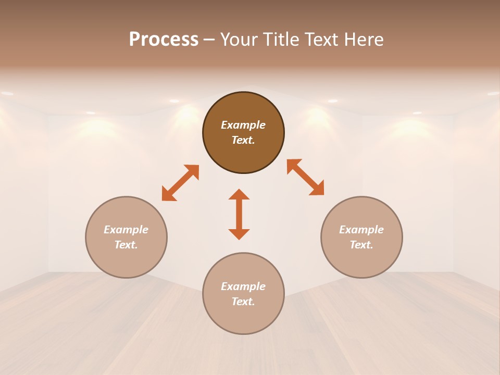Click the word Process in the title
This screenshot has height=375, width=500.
[x=164, y=40]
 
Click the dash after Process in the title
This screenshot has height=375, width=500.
[x=209, y=40]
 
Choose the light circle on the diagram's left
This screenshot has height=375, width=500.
[x=126, y=237]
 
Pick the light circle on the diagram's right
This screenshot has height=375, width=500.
[x=361, y=237]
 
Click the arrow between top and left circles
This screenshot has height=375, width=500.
[x=180, y=183]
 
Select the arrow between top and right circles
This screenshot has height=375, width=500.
[x=305, y=177]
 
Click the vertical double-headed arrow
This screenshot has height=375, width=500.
[x=239, y=214]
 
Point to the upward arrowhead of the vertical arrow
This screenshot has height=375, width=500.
[x=239, y=194]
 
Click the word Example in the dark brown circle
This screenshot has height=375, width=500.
[x=243, y=125]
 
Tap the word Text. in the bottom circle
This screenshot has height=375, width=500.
[x=243, y=302]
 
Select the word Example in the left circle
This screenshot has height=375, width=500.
[x=126, y=230]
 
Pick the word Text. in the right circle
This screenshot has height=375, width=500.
[x=361, y=245]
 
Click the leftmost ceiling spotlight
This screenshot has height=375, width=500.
[x=7, y=93]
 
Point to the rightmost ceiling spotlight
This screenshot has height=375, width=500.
[x=493, y=93]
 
